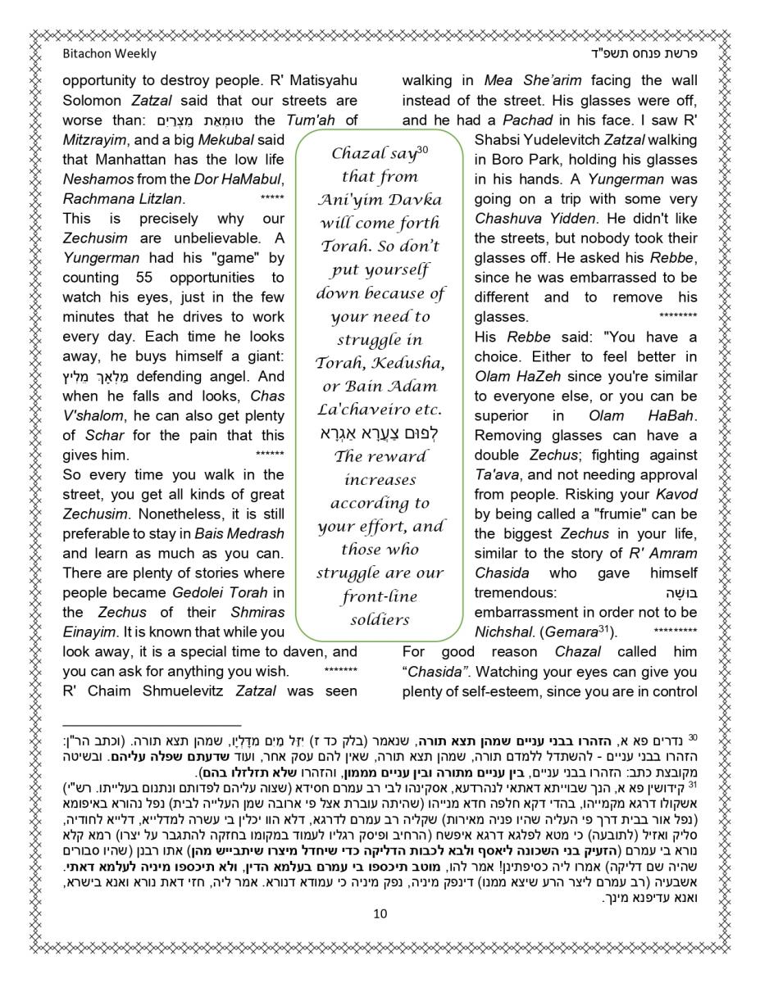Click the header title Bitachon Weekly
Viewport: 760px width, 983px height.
[109, 54]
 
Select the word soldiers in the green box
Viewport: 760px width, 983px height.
[380, 620]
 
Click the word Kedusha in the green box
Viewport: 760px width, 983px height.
[413, 363]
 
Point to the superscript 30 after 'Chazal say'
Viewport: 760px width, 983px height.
[423, 150]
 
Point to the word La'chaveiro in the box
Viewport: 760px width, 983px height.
[380, 410]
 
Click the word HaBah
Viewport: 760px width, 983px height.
[671, 415]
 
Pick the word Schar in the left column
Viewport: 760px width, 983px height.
[103, 435]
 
